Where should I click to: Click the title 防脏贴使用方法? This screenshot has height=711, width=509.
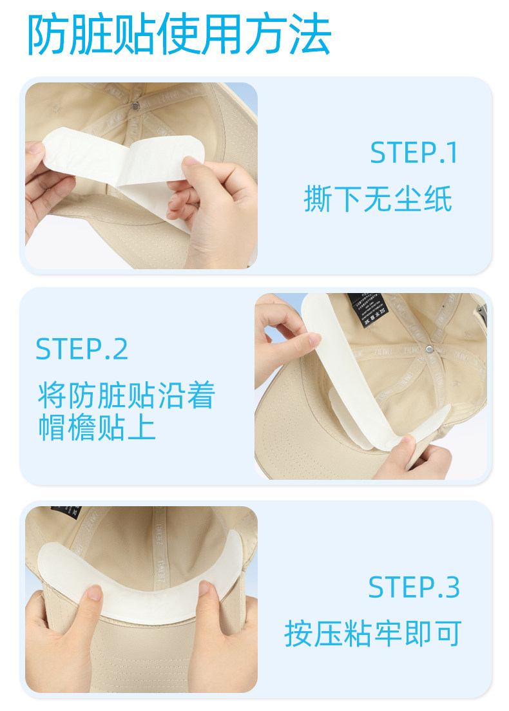pyautogui.click(x=178, y=35)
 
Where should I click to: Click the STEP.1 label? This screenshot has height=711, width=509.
pyautogui.click(x=414, y=153)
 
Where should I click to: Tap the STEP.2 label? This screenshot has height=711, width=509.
pyautogui.click(x=82, y=348)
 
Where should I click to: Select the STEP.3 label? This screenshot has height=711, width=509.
pyautogui.click(x=414, y=587)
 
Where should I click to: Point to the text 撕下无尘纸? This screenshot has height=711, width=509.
pyautogui.click(x=378, y=199)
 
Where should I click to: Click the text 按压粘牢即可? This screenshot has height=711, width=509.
pyautogui.click(x=373, y=634)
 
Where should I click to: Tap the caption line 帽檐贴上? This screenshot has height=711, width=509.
pyautogui.click(x=97, y=428)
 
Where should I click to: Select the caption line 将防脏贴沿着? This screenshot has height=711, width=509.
pyautogui.click(x=126, y=395)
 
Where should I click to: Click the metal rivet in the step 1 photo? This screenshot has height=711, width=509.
pyautogui.click(x=135, y=106)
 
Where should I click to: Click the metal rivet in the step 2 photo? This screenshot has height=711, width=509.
pyautogui.click(x=429, y=348)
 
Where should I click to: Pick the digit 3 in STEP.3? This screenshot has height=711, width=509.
pyautogui.click(x=452, y=587)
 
